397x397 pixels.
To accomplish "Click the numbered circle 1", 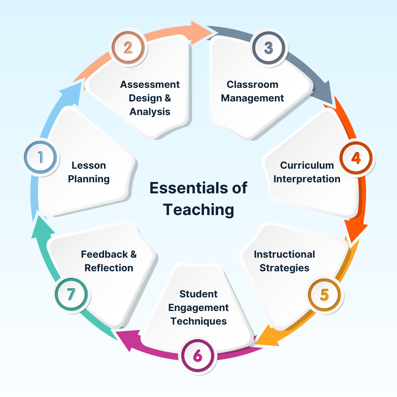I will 41,158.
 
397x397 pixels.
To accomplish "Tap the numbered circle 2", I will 128,48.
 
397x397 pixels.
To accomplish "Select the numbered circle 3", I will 269,48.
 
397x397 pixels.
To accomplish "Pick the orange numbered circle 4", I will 356,158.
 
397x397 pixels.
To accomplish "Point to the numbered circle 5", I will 325,295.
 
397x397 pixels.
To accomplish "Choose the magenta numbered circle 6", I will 198,355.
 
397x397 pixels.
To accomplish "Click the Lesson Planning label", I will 89,172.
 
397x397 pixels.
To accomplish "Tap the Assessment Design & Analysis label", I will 150,98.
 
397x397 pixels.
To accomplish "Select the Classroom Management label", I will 253,91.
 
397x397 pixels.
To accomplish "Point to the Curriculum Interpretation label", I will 307,172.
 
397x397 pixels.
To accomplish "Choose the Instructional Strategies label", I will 285,261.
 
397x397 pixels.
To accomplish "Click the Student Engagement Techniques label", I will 198,307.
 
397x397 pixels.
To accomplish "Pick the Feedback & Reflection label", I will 109,261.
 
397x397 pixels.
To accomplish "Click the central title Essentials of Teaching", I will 198,198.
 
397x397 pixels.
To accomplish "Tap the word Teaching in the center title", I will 198,210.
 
